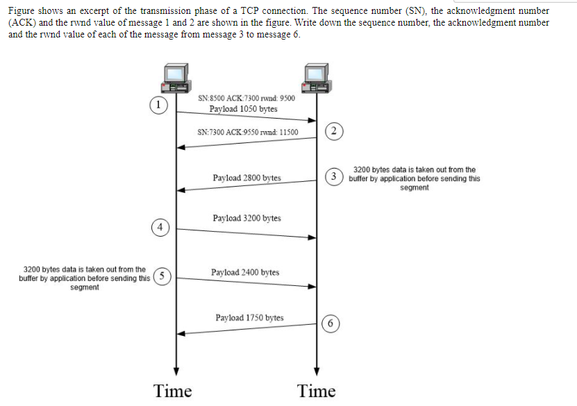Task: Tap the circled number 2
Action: (x=334, y=131)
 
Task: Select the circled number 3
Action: (x=334, y=176)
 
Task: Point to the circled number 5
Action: (x=162, y=276)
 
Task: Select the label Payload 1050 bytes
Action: (x=243, y=109)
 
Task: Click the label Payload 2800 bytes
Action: (x=246, y=178)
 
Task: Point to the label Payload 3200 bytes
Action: (x=246, y=218)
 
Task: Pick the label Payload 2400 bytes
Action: (x=245, y=272)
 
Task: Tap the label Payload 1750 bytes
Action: (x=249, y=318)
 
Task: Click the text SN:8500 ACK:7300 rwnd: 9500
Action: (x=246, y=98)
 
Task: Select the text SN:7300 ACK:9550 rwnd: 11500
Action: (x=247, y=132)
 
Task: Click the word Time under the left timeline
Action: (x=173, y=391)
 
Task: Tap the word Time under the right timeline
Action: (x=316, y=391)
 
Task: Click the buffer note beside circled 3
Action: (x=415, y=178)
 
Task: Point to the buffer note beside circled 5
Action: (x=85, y=278)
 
